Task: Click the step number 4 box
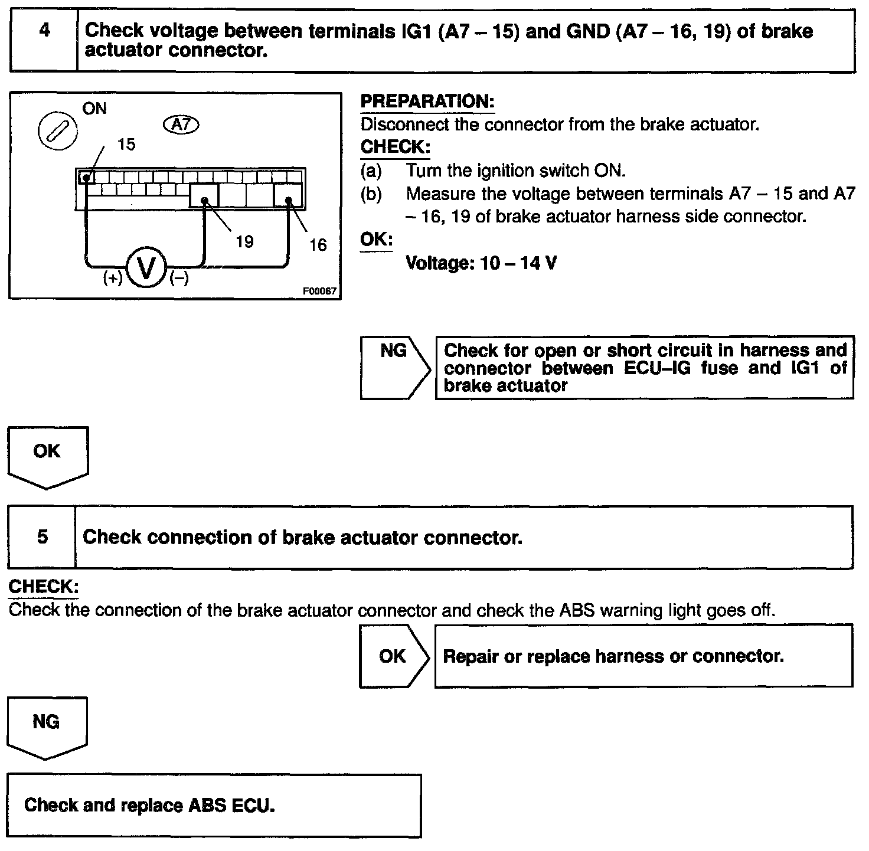coord(44,40)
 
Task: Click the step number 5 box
coord(43,537)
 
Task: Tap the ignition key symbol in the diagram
coord(57,131)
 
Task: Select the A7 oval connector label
coord(182,125)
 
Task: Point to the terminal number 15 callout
coord(126,145)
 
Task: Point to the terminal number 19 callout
coord(244,241)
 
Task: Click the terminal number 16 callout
coord(318,245)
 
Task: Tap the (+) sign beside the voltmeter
coord(112,278)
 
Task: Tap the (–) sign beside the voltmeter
coord(179,278)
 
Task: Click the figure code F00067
coord(319,292)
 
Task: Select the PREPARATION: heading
coord(427,102)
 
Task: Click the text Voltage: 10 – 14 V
coord(481,263)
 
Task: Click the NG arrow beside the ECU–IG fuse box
coord(394,367)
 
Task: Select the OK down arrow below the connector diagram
coord(47,456)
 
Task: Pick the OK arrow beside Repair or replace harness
coord(393,656)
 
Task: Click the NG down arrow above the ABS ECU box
coord(46,726)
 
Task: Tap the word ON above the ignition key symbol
coord(94,109)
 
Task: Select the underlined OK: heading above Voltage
coord(376,240)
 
